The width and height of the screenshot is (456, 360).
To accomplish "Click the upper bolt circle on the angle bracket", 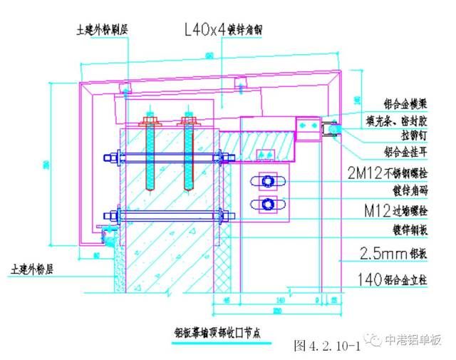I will pyautogui.click(x=269, y=181).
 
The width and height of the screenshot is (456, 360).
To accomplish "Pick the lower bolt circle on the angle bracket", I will pyautogui.click(x=269, y=205).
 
